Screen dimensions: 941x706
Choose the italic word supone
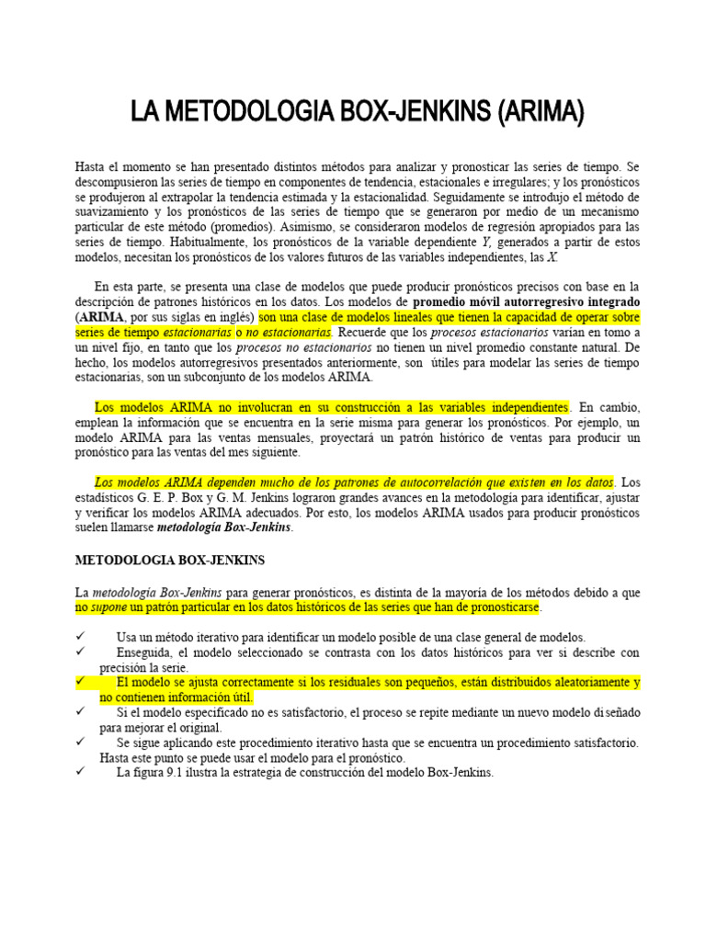click(108, 608)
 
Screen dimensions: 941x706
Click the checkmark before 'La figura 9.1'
click(81, 773)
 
